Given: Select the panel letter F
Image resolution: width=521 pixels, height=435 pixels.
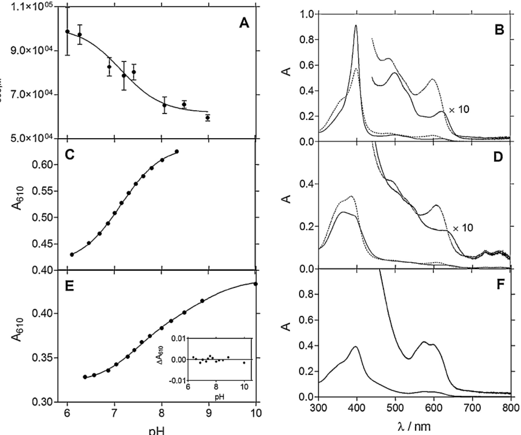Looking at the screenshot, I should tap(500, 284).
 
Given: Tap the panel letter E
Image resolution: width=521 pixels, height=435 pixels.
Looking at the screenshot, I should tap(69, 286).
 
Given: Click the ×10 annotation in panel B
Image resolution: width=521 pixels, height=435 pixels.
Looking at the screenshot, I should tap(459, 110).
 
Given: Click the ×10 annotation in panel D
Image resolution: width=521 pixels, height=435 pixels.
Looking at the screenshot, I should tap(463, 228).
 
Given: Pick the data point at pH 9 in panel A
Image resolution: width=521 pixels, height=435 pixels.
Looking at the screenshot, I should tap(208, 118).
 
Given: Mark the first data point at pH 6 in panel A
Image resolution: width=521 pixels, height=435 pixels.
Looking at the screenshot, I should tap(67, 31).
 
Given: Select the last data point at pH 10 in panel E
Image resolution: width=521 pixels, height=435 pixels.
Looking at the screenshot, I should tap(256, 284).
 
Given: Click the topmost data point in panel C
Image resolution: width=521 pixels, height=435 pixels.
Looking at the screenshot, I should tap(177, 151).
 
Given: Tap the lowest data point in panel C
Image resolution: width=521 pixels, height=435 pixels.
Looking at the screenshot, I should tap(72, 254).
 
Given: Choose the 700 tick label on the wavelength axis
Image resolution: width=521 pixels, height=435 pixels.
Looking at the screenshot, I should tap(472, 408).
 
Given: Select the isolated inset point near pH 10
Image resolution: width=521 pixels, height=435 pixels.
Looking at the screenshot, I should tap(244, 362).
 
